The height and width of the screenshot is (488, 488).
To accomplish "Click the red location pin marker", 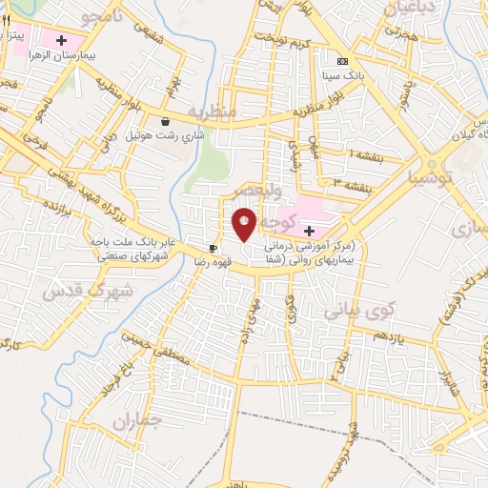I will (x=244, y=224).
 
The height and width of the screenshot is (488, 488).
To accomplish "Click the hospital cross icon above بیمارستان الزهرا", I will (x=62, y=41).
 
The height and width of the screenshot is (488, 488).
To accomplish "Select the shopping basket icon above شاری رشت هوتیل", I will (x=167, y=121).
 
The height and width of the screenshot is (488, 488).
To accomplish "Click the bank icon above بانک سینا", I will (x=342, y=62).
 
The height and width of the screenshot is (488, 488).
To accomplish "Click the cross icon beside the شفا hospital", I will (x=309, y=231).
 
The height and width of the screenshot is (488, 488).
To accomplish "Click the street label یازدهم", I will (x=389, y=336).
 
